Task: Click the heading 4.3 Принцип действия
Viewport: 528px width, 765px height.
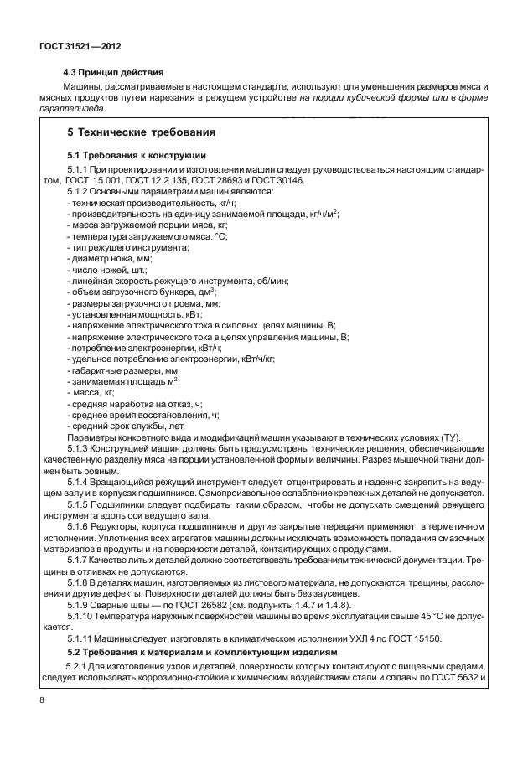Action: pos(114,71)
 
